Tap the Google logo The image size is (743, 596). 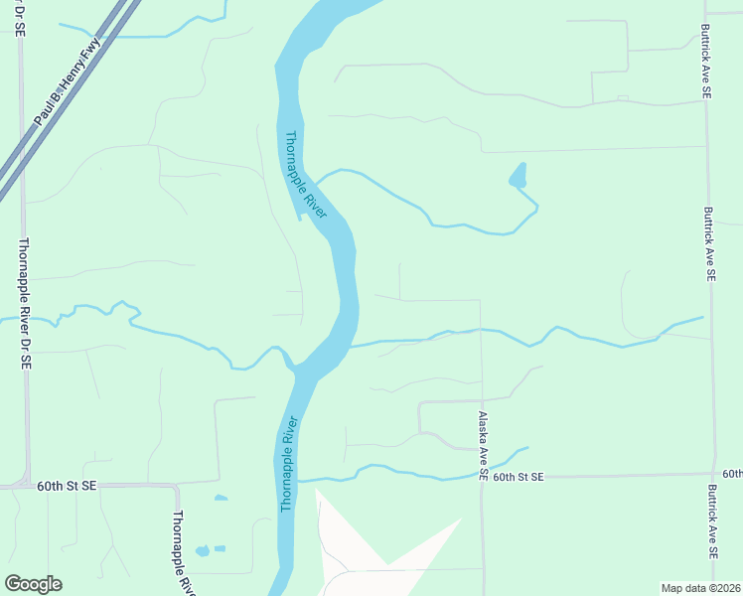click(x=33, y=584)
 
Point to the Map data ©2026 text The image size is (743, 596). click(x=701, y=588)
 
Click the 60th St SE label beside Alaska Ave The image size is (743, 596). click(x=519, y=478)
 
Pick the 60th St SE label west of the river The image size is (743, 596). click(x=67, y=487)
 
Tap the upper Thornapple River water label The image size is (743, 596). click(x=306, y=176)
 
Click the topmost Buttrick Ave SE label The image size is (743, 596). click(x=706, y=62)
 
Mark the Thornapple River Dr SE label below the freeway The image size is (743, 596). click(x=24, y=304)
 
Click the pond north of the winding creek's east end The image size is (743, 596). click(x=518, y=178)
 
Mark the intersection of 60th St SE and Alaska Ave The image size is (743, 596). click(x=482, y=477)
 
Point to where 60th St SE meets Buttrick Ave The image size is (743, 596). click(x=712, y=475)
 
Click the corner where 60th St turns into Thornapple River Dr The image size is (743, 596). click(x=175, y=488)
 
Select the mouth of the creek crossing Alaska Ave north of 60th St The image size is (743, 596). click(x=353, y=347)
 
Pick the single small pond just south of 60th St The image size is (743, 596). click(x=221, y=498)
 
